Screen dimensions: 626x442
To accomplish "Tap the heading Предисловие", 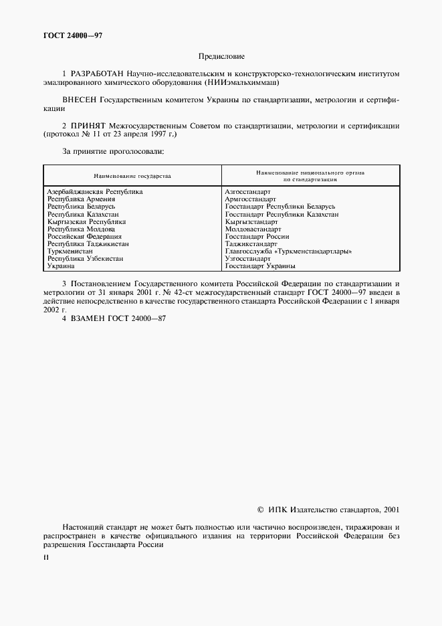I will click(221, 57).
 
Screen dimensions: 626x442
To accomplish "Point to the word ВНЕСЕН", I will click(80, 100).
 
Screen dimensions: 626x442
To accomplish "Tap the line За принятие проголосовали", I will click(112, 151).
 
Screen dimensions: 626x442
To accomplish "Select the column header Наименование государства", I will click(132, 177).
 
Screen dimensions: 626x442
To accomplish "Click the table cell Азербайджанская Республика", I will click(95, 192).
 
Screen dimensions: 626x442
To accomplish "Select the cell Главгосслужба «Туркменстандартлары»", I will click(289, 251).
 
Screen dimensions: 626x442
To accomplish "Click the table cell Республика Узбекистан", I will click(85, 258).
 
